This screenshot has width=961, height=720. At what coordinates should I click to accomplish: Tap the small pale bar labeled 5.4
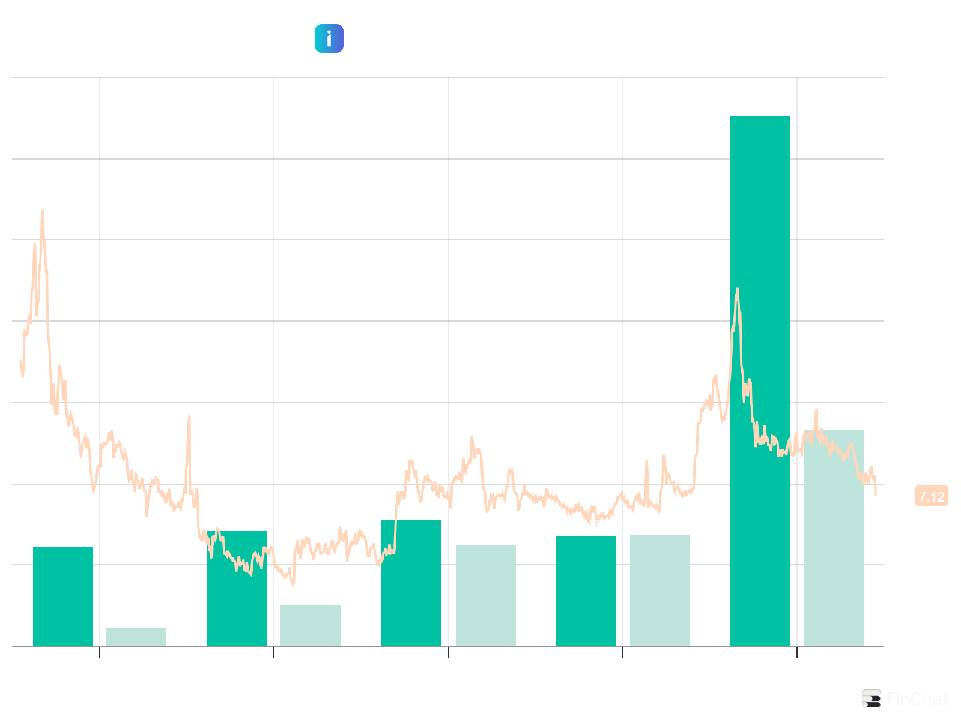point(136,637)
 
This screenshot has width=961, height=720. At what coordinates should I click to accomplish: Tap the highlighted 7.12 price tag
point(931,497)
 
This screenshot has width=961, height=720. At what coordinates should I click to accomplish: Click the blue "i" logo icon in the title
point(329,38)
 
